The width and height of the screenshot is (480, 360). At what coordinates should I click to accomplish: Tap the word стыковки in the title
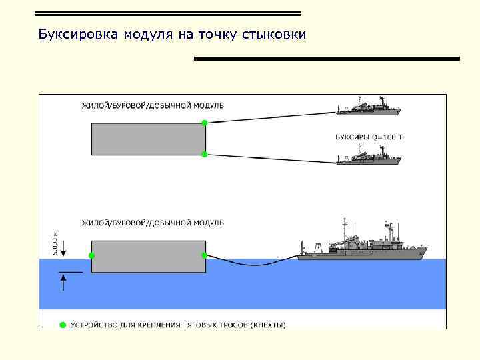(281, 35)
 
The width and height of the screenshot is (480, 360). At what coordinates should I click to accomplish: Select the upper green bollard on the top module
(205, 123)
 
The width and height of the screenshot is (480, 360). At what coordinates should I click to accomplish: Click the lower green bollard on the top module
(205, 155)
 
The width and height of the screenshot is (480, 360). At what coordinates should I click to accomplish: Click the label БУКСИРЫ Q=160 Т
(369, 137)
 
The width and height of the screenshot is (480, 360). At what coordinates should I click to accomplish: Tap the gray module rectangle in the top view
(148, 139)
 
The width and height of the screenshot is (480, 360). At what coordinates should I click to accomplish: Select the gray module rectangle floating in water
(148, 256)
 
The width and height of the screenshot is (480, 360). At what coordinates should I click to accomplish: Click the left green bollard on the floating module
(92, 255)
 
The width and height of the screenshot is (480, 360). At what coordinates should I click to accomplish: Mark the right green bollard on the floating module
(204, 255)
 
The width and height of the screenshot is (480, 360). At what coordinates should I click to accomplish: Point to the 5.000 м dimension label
(55, 242)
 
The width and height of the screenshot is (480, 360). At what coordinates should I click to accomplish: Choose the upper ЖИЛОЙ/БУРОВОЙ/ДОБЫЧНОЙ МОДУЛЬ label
(153, 105)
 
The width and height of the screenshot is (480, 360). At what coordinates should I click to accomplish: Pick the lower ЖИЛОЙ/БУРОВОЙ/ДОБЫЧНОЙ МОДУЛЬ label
(153, 222)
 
